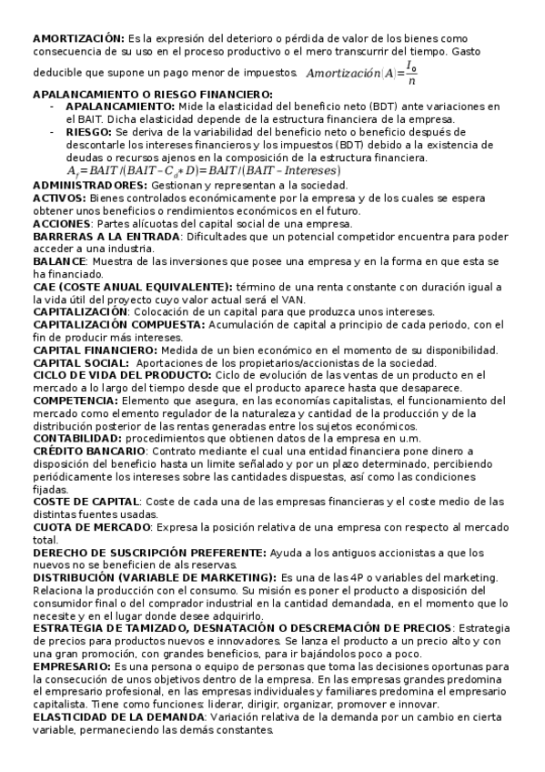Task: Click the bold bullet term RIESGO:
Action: point(89,131)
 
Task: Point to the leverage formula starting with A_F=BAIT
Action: point(203,170)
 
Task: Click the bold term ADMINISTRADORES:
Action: point(90,185)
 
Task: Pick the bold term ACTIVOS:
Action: point(59,198)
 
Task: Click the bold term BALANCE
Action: point(59,261)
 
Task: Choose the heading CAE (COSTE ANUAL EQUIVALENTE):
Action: point(132,287)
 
